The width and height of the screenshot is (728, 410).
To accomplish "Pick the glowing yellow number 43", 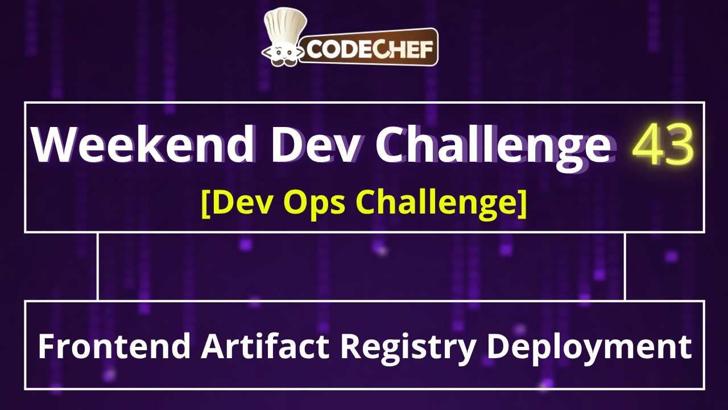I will click(x=663, y=145).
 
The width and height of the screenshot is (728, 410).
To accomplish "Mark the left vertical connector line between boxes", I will click(x=98, y=266).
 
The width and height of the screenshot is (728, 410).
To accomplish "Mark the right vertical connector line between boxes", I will click(x=625, y=266).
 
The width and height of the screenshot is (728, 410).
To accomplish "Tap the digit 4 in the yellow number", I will click(x=648, y=145).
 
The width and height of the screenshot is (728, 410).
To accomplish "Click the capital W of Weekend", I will click(x=55, y=145).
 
